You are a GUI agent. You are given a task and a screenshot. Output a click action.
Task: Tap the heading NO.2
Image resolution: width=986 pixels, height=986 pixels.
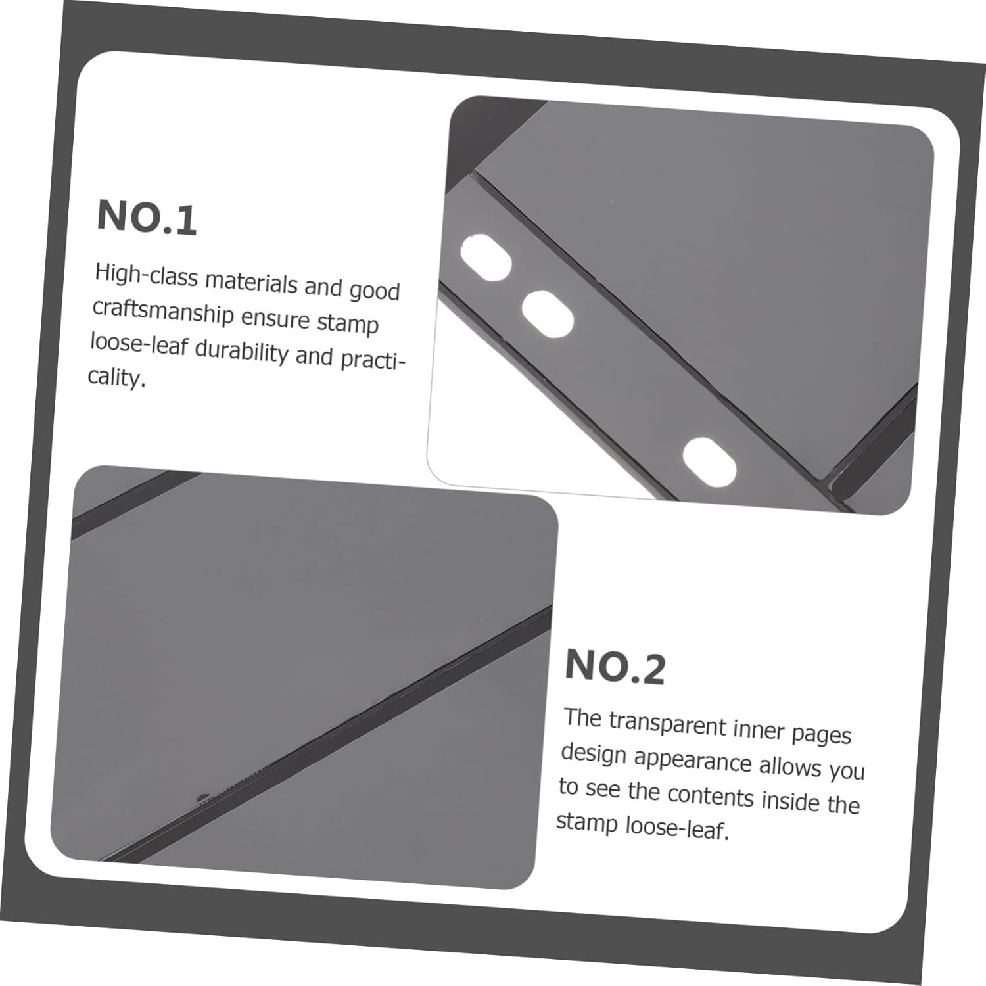[615, 667]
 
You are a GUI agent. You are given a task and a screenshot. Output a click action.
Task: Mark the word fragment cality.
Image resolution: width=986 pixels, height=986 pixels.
[116, 377]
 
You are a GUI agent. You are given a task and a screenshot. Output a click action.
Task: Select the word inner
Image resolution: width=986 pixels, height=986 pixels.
[759, 730]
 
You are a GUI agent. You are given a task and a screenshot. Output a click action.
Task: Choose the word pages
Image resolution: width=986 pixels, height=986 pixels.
[822, 735]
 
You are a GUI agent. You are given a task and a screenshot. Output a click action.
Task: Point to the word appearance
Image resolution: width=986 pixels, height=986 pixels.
[693, 761]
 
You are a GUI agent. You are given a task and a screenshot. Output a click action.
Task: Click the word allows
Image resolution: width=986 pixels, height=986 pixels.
[790, 766]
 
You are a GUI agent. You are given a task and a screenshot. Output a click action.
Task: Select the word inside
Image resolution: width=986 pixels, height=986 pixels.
[791, 799]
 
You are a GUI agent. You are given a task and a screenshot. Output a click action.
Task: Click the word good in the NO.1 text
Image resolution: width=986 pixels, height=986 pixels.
[374, 290]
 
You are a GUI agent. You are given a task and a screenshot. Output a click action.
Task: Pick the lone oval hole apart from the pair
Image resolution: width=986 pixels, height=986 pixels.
[709, 462]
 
